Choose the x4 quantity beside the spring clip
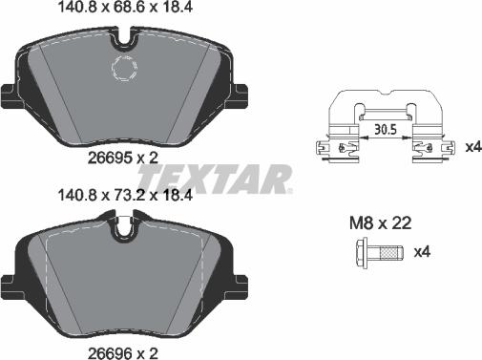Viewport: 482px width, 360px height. coord(471,148)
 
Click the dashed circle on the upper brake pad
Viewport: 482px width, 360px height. coord(125,69)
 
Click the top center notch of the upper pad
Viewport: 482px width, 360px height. coord(122,40)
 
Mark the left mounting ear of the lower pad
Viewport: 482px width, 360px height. coord(9,284)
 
